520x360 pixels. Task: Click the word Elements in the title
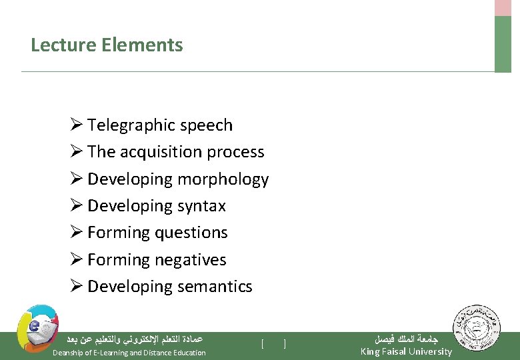point(143,45)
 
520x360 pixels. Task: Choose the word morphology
point(223,180)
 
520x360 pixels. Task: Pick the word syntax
point(201,207)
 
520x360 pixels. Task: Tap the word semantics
point(215,287)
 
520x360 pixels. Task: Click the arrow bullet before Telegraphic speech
point(76,125)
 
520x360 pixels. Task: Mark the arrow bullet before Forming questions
point(76,233)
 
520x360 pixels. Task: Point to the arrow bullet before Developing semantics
point(76,287)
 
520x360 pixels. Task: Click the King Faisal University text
point(406,351)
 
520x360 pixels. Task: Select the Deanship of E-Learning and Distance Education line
point(129,352)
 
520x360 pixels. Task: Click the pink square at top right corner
point(503,7)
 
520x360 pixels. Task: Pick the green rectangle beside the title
point(503,44)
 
